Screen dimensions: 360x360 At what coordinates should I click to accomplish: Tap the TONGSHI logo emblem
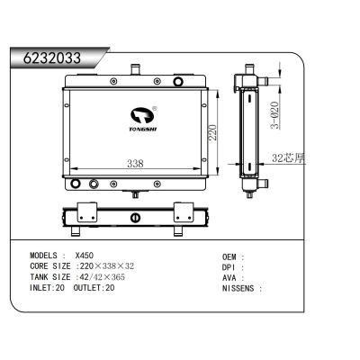click(x=142, y=113)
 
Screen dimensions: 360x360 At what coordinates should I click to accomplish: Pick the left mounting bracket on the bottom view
click(x=86, y=214)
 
